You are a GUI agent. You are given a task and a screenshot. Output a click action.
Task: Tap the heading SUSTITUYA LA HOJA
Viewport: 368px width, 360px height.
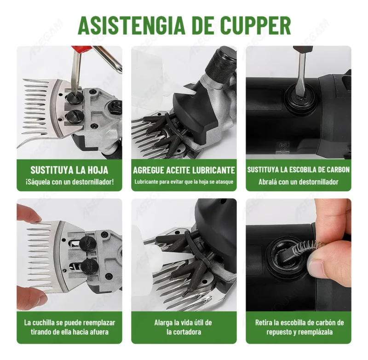pyautogui.click(x=69, y=170)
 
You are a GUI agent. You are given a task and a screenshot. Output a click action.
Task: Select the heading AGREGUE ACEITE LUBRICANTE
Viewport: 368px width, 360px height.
pyautogui.click(x=184, y=170)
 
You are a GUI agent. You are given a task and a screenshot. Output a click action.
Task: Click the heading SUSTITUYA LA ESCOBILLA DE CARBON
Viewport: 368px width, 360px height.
pyautogui.click(x=298, y=169)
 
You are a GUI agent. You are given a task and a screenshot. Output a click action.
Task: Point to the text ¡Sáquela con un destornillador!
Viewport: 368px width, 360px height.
pyautogui.click(x=70, y=182)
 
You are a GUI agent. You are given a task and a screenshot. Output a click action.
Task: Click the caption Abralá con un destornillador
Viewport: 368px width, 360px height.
pyautogui.click(x=298, y=182)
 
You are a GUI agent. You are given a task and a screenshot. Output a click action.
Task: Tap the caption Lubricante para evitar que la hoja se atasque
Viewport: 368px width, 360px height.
pyautogui.click(x=184, y=182)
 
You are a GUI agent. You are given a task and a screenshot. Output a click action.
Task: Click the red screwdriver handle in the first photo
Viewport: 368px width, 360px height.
pyautogui.click(x=81, y=50)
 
